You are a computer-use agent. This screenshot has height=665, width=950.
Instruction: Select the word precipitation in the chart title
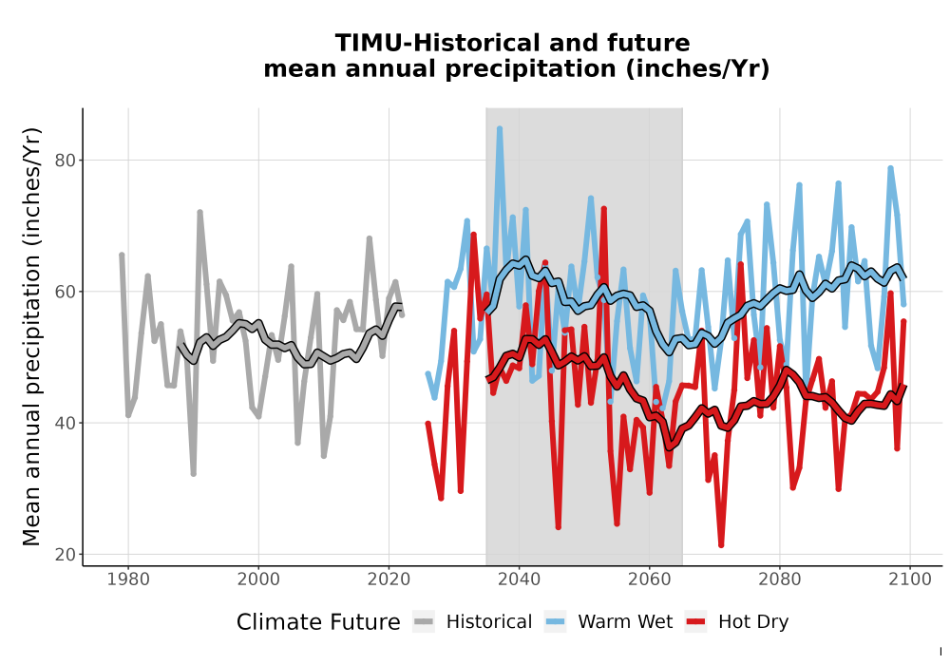click(530, 69)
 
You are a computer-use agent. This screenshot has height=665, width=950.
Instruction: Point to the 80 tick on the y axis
click(66, 161)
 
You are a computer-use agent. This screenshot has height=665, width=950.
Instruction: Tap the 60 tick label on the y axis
click(66, 292)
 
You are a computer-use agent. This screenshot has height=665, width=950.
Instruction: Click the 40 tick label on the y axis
click(66, 423)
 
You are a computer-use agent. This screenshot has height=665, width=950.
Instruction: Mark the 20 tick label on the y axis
click(66, 554)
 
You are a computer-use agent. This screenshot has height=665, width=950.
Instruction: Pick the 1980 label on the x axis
click(128, 579)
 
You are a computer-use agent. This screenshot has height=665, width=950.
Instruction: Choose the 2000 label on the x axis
click(258, 579)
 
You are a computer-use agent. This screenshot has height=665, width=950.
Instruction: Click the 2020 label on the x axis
click(389, 579)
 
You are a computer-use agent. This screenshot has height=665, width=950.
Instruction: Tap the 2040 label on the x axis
click(520, 579)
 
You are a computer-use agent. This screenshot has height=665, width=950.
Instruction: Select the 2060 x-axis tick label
click(650, 579)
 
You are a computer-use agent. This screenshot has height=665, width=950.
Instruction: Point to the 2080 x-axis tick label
click(780, 579)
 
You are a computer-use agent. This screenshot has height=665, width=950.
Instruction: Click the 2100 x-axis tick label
click(910, 579)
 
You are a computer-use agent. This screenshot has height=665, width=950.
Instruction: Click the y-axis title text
click(31, 336)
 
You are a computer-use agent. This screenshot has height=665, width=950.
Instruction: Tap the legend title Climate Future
click(318, 622)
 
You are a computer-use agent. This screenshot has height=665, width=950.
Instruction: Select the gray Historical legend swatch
click(424, 621)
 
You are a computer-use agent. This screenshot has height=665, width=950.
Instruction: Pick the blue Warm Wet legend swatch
click(555, 621)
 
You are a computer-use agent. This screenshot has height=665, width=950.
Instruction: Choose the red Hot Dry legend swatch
click(696, 621)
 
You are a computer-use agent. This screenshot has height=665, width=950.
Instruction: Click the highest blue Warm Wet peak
click(500, 128)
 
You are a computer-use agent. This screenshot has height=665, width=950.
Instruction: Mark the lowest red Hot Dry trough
click(721, 545)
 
